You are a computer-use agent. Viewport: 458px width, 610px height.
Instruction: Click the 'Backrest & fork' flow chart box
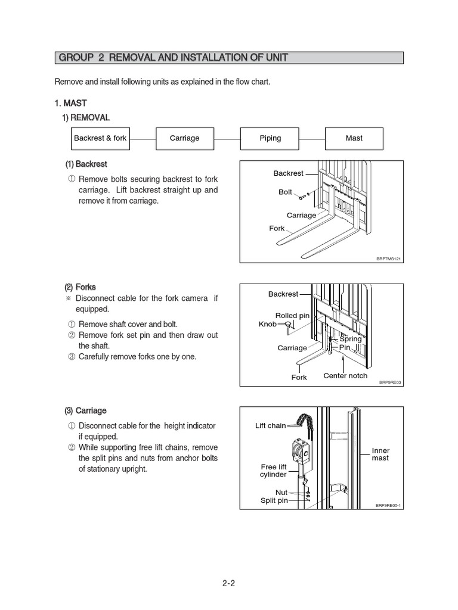(100, 138)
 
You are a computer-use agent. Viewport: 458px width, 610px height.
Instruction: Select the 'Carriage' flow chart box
(185, 138)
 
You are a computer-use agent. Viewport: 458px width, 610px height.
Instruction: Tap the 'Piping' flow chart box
(270, 138)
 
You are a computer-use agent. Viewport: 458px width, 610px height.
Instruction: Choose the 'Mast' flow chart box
(354, 138)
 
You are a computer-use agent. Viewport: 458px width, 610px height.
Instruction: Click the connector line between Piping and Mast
(312, 138)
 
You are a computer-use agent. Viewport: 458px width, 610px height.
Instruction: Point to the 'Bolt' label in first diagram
(285, 192)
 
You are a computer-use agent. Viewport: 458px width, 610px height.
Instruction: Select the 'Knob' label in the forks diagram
(268, 324)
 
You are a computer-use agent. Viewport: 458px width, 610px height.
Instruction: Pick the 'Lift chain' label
(270, 426)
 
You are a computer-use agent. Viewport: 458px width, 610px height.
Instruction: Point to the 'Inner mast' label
(380, 455)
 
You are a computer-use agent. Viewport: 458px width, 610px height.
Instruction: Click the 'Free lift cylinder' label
(274, 471)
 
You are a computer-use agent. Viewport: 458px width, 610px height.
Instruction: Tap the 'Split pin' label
(274, 501)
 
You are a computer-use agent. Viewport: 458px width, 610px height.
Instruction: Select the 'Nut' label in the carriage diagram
(281, 493)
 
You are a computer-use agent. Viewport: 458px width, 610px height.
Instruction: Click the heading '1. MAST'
(71, 103)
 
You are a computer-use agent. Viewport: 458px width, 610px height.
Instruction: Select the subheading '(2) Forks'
(81, 286)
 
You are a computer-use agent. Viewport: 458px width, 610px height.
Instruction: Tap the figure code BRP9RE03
(390, 383)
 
